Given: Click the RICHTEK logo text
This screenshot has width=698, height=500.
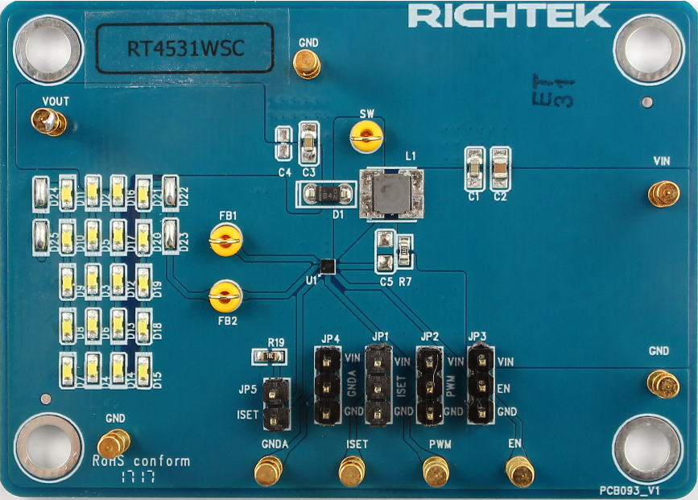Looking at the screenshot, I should [509, 16].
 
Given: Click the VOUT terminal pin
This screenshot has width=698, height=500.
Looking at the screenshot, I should [47, 122].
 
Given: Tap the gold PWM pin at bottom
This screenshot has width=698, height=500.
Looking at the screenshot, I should [436, 472].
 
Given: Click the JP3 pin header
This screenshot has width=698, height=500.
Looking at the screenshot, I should [481, 384].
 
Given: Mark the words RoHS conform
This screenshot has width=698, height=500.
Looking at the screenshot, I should [142, 461].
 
